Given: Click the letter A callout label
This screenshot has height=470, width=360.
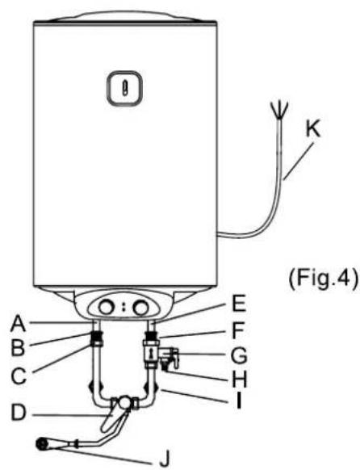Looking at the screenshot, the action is point(18,325).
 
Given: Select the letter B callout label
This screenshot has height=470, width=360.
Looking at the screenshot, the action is point(18,348).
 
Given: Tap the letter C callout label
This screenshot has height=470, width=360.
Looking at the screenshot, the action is point(19,376).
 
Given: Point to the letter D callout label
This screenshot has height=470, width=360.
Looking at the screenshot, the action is point(19,413).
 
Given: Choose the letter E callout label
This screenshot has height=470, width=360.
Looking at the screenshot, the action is point(239,304).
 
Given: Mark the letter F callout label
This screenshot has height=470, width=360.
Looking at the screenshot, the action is point(238,329).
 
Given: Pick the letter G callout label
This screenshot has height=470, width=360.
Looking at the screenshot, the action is point(239,355).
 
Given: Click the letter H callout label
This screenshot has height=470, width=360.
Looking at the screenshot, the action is point(239,380).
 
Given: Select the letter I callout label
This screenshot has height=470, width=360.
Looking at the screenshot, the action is point(239,401).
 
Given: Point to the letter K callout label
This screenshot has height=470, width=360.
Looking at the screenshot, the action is point(312,130).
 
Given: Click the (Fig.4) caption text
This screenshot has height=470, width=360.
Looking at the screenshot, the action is point(324,278).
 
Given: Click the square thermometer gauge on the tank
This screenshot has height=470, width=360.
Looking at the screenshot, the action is point(124,88).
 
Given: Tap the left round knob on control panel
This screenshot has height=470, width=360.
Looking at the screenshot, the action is point(107,308).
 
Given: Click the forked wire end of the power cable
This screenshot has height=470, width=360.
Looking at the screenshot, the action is point(278,111).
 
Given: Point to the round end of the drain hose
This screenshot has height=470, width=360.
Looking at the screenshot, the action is point(42,444).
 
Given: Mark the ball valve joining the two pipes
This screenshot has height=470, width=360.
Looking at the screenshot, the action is point(124,403).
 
